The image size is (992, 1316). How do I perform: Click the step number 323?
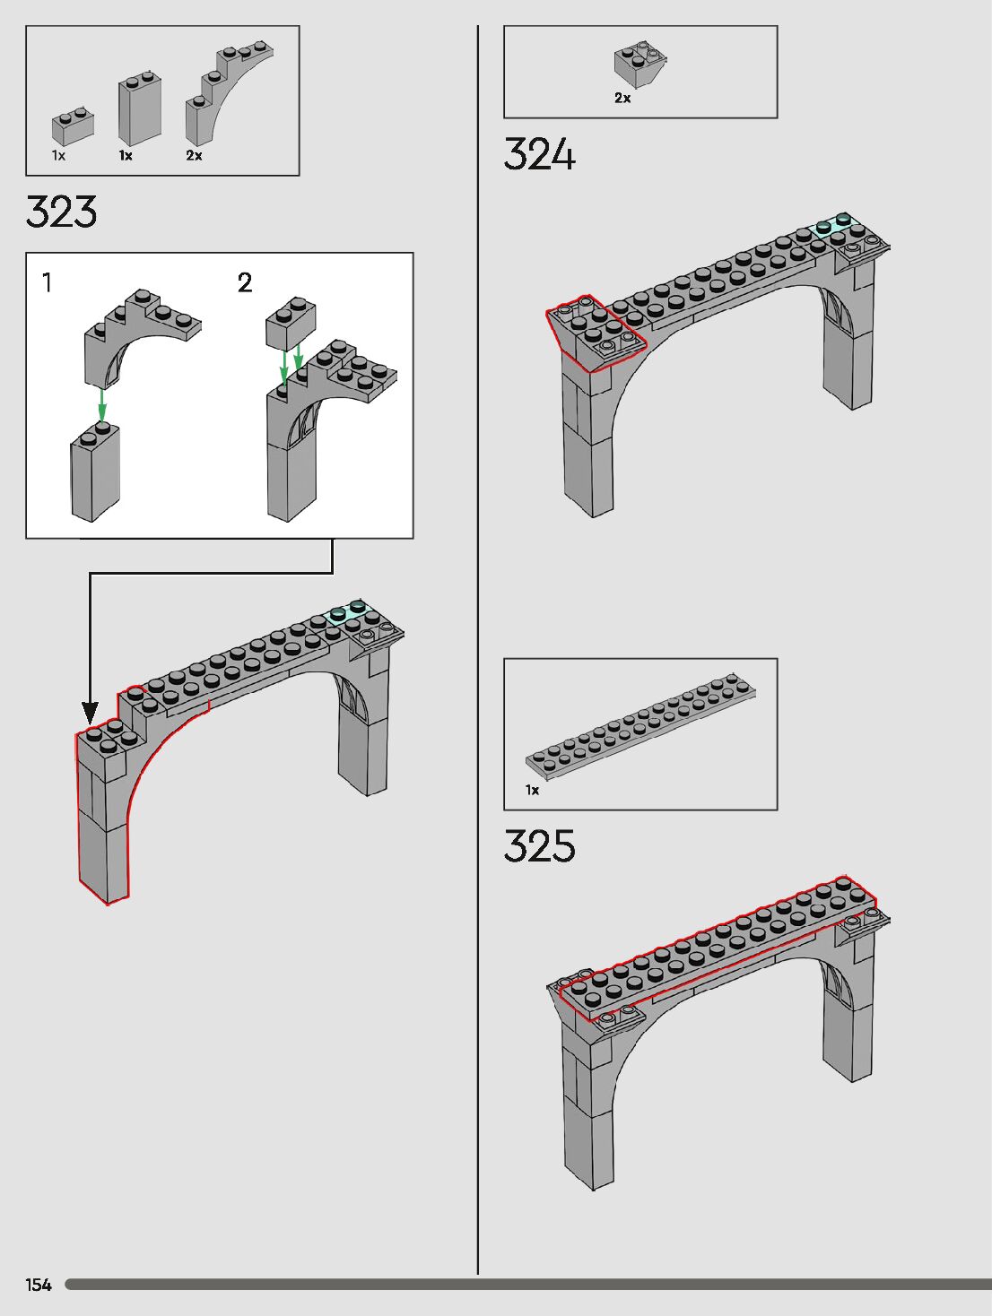[x=61, y=212]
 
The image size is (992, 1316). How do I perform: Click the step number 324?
[x=539, y=155]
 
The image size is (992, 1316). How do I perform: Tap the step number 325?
[x=539, y=846]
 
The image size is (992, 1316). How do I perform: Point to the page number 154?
[x=39, y=1285]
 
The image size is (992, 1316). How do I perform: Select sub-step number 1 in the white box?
[x=47, y=282]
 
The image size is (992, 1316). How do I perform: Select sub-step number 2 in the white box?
[x=245, y=282]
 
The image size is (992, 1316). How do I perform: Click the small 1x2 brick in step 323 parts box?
[x=74, y=126]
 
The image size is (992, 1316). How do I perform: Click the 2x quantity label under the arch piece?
[x=194, y=156]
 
